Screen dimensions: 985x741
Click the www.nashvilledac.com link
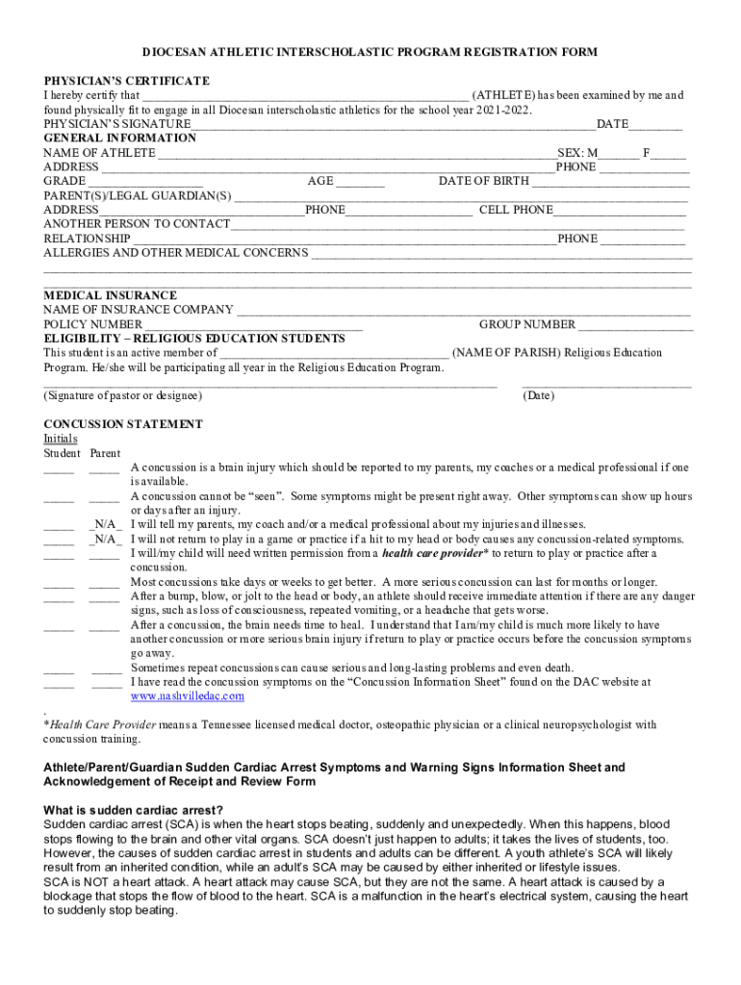click(188, 695)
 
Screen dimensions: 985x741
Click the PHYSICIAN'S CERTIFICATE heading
click(126, 81)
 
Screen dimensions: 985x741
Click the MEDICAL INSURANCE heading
click(111, 295)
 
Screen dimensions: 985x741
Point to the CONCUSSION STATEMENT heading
click(123, 424)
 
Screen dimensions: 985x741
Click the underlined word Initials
click(61, 439)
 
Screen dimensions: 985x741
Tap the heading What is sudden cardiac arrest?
click(134, 809)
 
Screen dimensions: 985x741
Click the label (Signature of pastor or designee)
click(123, 395)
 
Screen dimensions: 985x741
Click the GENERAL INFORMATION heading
click(119, 139)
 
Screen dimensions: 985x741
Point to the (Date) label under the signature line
click(539, 395)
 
